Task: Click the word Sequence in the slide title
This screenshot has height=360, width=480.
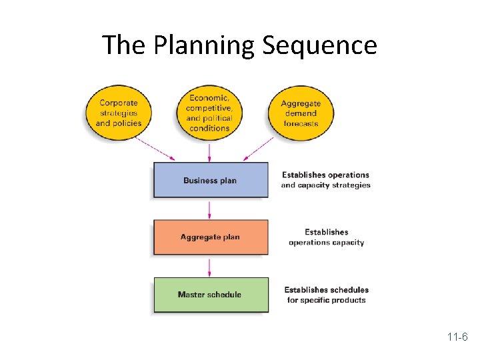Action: click(319, 45)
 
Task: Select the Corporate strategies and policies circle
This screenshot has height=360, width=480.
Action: click(119, 113)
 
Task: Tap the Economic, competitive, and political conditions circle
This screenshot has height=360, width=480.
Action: click(209, 113)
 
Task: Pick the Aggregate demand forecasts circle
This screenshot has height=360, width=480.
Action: click(300, 113)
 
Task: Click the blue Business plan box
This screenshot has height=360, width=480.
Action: click(211, 180)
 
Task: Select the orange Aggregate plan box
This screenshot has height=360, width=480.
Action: click(211, 237)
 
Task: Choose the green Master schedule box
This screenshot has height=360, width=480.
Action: click(211, 295)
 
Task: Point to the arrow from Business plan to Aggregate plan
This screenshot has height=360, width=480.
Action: click(210, 209)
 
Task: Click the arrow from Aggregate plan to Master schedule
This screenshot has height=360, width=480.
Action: click(210, 267)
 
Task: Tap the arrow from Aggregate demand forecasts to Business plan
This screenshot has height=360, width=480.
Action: click(259, 149)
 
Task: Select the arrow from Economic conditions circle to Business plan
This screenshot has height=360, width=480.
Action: click(210, 151)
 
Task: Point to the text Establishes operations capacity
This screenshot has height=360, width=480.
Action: click(326, 237)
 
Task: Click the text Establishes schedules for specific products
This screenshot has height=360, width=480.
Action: click(326, 295)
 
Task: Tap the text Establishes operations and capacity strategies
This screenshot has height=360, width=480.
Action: click(325, 180)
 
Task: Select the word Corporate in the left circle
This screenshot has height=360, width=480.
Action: click(119, 103)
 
